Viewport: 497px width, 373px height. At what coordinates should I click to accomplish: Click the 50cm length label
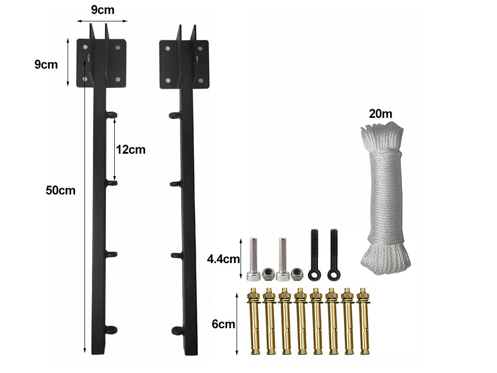coord(60,190)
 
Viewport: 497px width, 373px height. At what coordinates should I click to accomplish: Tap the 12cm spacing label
coord(131,150)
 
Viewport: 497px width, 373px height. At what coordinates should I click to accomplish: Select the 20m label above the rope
coord(381,114)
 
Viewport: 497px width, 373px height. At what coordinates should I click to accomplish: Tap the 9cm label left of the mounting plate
coord(46,64)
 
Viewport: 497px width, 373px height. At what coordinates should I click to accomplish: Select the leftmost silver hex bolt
coord(251,259)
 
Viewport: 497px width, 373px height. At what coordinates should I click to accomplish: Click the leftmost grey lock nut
coord(267,272)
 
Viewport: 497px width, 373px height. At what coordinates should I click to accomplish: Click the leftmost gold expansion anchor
coord(254,321)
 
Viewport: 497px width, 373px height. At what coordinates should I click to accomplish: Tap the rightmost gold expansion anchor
coord(365,321)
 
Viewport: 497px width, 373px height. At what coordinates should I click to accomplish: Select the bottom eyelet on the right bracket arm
coord(176,330)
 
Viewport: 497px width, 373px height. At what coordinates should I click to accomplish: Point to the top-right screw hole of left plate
coord(118,48)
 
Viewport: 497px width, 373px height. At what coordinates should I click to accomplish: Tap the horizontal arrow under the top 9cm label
coord(102,21)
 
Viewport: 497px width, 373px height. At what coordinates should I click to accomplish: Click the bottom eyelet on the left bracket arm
coord(112,329)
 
